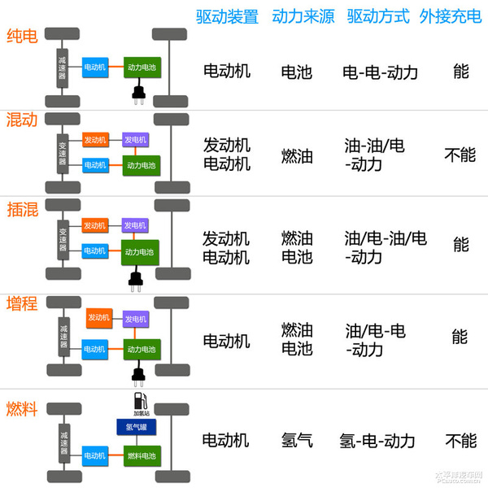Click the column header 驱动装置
tap(227, 16)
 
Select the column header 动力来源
tap(303, 16)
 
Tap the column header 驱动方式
tap(377, 16)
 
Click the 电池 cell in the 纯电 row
tap(296, 72)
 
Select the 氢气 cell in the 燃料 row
tap(297, 441)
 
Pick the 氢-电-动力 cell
tap(377, 441)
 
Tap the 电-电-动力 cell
tap(381, 72)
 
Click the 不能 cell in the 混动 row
tap(460, 155)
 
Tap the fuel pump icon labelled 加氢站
tap(139, 403)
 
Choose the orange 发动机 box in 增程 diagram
tap(98, 318)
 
